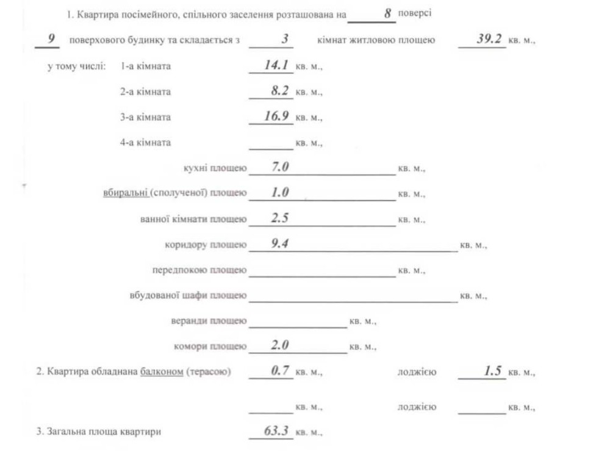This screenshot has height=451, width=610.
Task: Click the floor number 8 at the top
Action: click(387, 13)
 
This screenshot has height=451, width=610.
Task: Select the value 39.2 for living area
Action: click(489, 39)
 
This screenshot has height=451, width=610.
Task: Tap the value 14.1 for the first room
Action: click(276, 65)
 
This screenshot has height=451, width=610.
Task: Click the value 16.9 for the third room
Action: click(276, 116)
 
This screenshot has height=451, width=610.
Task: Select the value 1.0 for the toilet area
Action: click(280, 192)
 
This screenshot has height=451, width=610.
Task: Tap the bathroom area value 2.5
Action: click(280, 218)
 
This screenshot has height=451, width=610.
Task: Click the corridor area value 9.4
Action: click(280, 244)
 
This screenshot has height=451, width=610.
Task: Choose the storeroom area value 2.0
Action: click(280, 345)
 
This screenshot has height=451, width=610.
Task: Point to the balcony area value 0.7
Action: click(280, 370)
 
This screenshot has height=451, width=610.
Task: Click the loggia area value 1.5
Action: click(492, 370)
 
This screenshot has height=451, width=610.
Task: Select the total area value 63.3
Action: click(276, 431)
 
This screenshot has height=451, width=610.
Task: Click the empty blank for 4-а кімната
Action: click(271, 143)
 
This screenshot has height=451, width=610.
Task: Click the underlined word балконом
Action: click(161, 372)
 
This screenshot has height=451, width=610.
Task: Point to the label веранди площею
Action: click(209, 321)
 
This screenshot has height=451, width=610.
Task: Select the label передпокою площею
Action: click(199, 270)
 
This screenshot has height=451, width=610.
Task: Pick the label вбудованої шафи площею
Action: click(188, 295)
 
